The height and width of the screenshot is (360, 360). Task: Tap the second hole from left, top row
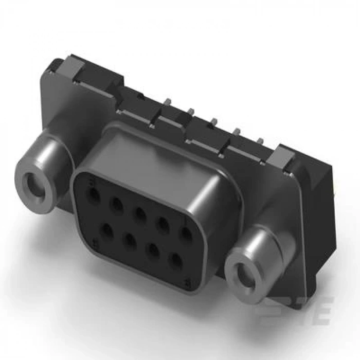pos(118,205)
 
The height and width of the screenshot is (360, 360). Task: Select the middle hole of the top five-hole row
pos(140,214)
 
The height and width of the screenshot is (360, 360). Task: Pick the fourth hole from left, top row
pos(163,224)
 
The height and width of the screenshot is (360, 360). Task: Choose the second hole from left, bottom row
pos(131,240)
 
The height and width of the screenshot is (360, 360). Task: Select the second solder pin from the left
pos(190,111)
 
